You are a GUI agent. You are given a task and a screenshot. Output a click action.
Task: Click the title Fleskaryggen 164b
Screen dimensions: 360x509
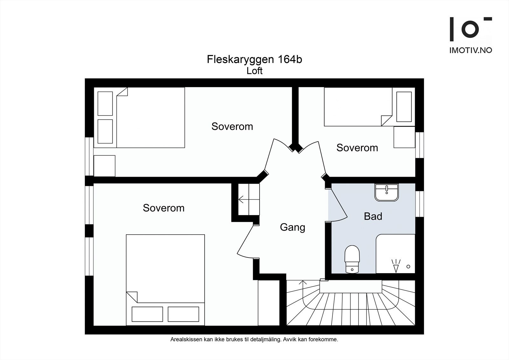[x=254, y=60]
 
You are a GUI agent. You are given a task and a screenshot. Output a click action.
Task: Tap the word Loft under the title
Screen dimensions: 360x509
[x=254, y=71]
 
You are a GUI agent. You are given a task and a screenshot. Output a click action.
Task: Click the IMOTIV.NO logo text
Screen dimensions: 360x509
[x=471, y=50]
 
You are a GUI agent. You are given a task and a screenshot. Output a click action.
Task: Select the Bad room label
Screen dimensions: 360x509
[x=373, y=216]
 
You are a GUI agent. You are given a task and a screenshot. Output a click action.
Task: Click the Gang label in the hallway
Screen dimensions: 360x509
[x=292, y=227]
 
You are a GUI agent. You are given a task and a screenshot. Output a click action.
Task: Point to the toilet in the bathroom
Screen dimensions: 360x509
[x=352, y=258]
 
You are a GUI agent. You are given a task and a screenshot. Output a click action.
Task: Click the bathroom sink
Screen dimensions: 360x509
[x=386, y=192]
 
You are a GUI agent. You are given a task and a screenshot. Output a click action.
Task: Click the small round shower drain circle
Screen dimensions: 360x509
[x=408, y=266]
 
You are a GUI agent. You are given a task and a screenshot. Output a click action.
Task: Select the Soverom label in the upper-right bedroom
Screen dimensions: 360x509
[x=357, y=148]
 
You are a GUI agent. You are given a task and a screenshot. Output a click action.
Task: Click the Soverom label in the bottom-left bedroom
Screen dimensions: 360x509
[x=164, y=208]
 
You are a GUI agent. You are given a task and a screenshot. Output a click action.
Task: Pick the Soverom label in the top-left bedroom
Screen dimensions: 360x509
[x=232, y=126]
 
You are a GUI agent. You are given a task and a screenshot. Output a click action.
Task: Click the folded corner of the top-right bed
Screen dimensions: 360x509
[x=386, y=121]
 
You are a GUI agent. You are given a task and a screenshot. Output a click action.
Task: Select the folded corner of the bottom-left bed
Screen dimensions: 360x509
[x=132, y=297]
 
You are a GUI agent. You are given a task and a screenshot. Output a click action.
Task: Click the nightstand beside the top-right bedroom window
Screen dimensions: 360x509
[x=404, y=137]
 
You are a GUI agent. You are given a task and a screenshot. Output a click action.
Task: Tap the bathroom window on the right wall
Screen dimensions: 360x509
[x=420, y=204]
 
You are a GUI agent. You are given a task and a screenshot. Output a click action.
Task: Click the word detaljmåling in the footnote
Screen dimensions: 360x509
[x=268, y=340]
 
